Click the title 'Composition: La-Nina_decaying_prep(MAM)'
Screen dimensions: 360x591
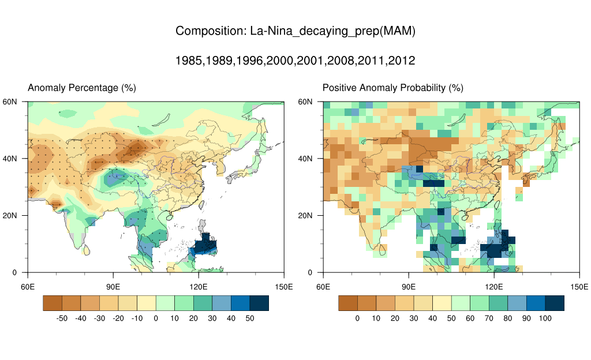(x=295, y=31)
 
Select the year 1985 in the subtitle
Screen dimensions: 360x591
(x=189, y=61)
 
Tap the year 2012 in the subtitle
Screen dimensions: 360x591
(x=402, y=61)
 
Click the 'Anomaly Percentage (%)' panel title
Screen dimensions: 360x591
(x=82, y=88)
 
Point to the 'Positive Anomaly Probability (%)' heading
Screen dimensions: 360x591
(x=392, y=88)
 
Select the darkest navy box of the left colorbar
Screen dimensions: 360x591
(x=259, y=303)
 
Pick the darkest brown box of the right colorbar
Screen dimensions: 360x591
(x=348, y=303)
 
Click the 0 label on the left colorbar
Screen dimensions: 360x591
(x=156, y=318)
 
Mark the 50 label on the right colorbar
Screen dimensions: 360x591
(x=451, y=318)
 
